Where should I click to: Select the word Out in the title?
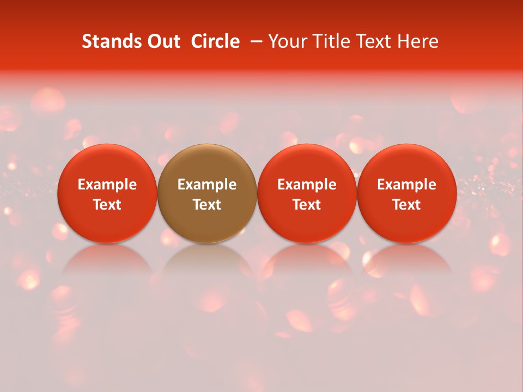(162, 41)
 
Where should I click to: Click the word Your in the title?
(287, 41)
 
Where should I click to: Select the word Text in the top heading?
(374, 41)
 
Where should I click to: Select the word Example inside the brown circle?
(207, 185)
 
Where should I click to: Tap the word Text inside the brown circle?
(207, 205)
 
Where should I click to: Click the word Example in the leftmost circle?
(107, 185)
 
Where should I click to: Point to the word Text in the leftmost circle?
(107, 205)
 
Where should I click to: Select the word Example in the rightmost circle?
(406, 185)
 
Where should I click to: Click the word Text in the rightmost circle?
(406, 205)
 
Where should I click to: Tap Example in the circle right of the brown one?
(307, 185)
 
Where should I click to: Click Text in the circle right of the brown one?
(307, 205)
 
